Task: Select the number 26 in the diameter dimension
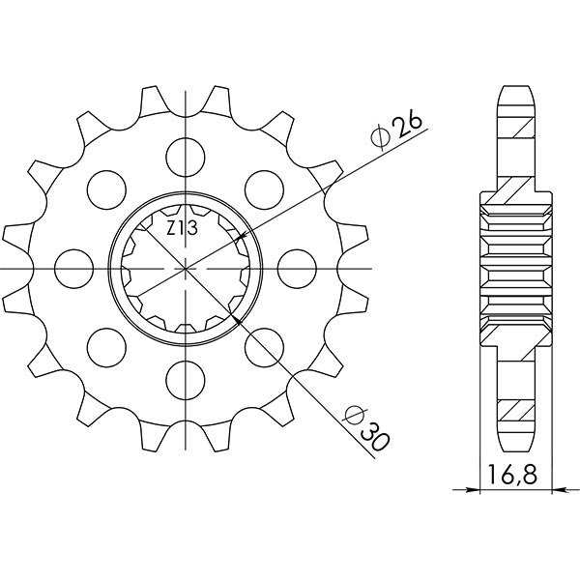405,125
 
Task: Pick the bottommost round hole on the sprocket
182,377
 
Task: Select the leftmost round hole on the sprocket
70,264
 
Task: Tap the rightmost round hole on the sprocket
294,264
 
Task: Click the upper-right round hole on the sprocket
261,185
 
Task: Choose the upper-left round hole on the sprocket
102,185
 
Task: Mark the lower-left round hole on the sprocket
102,343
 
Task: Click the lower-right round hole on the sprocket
261,343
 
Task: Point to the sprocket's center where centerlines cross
182,265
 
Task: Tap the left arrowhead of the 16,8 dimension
485,490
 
